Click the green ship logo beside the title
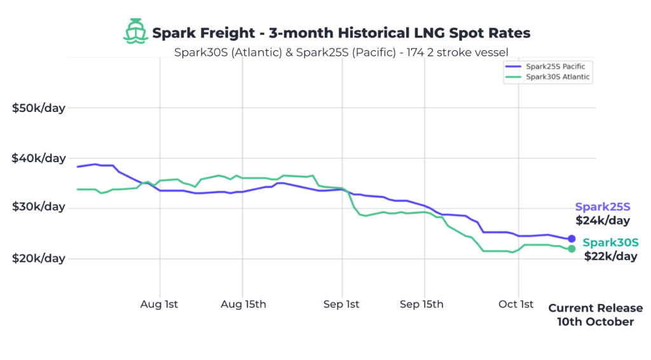coord(134,31)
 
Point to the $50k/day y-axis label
coord(39,107)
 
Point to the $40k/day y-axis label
coord(39,158)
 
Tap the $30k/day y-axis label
coord(39,207)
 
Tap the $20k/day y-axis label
coord(39,258)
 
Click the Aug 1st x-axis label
coord(159,304)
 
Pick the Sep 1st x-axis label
coord(342,304)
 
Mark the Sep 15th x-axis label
coord(421,304)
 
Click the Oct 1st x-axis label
coord(516,304)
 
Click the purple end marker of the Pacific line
coord(572,239)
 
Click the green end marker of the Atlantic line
coord(572,249)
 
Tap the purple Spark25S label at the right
coord(603,207)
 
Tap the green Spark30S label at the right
coord(610,242)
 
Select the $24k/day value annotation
coord(603,221)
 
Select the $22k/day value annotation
coord(610,256)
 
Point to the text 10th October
coord(595,322)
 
